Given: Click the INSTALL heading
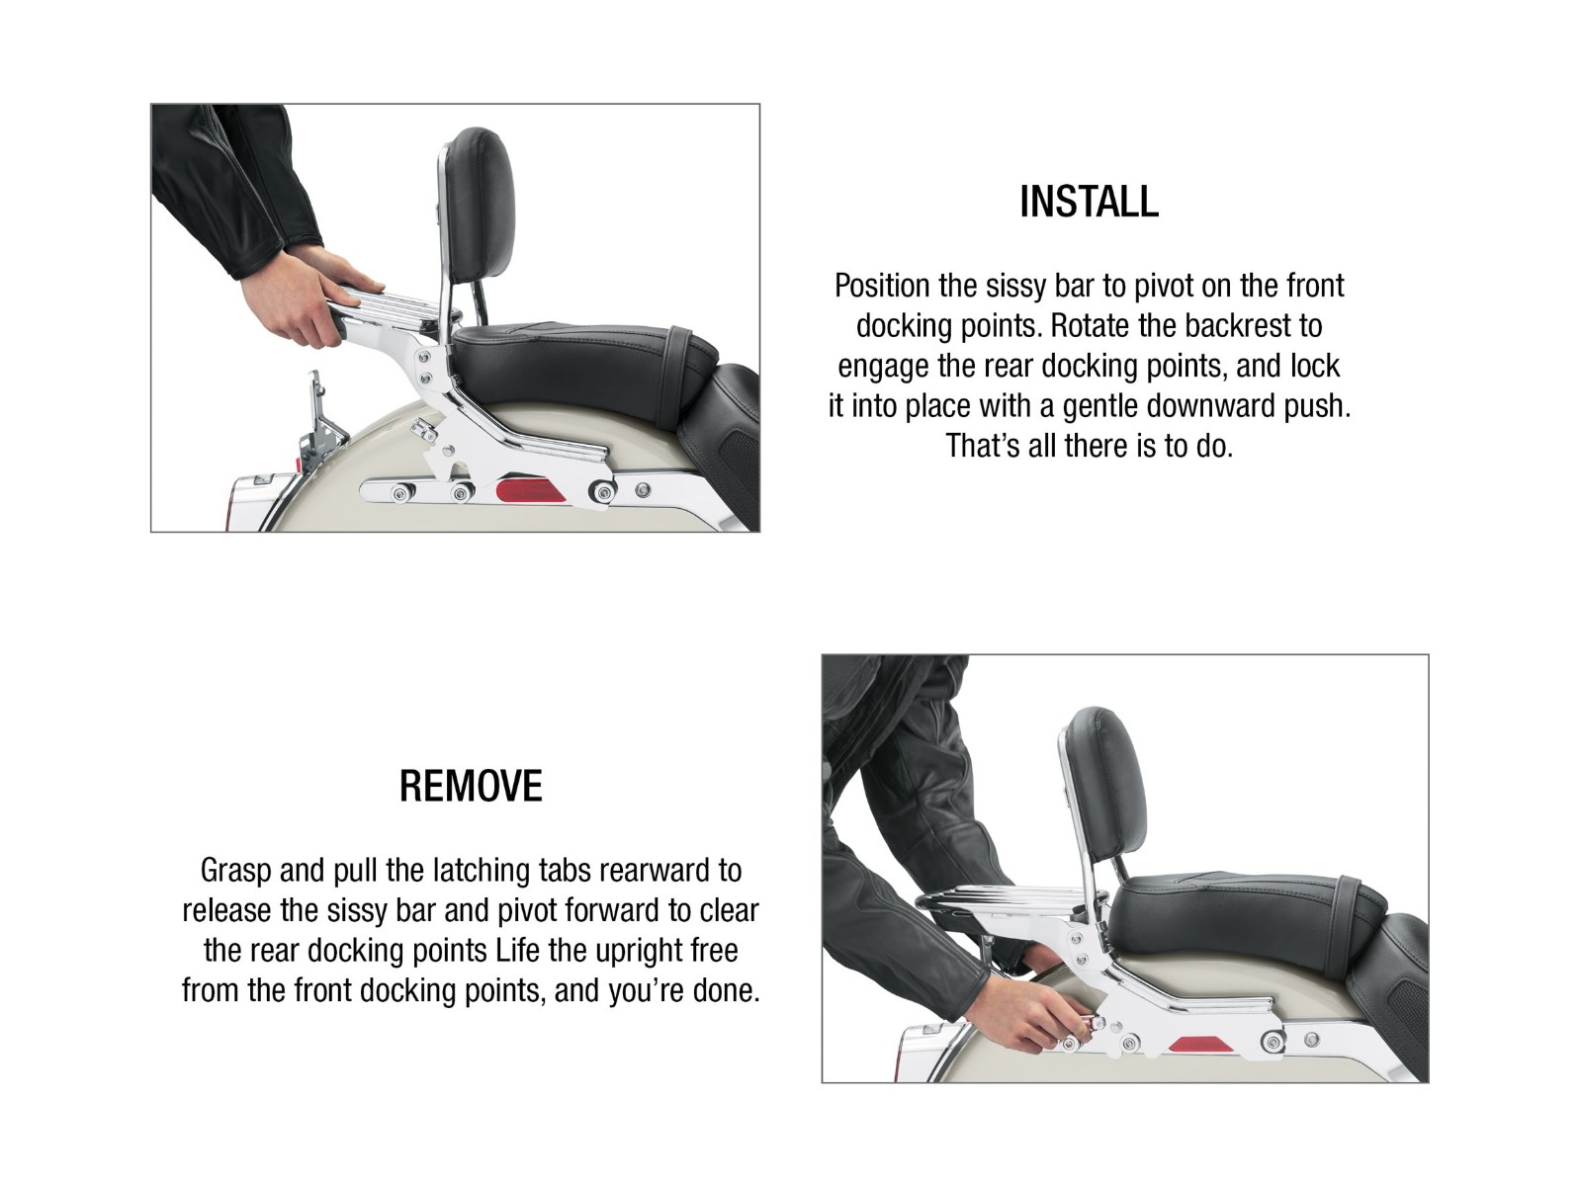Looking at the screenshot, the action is coord(1089,202).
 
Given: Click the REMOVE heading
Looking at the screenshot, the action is coord(471,786).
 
